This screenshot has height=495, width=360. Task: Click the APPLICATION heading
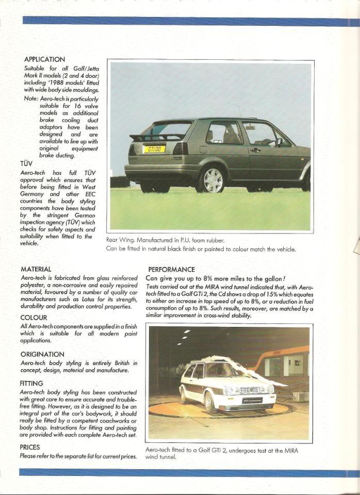tap(44, 60)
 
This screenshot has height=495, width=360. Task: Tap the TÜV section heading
tap(26, 163)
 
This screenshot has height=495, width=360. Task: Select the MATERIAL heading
tap(36, 269)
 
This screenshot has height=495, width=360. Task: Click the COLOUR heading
tap(34, 318)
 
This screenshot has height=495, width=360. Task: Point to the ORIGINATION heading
tap(42, 354)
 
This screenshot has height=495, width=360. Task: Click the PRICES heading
tap(29, 447)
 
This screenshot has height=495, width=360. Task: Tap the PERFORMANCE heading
tap(172, 269)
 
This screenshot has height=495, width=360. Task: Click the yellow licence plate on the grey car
tap(153, 150)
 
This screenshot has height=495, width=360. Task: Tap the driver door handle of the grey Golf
tap(255, 150)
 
